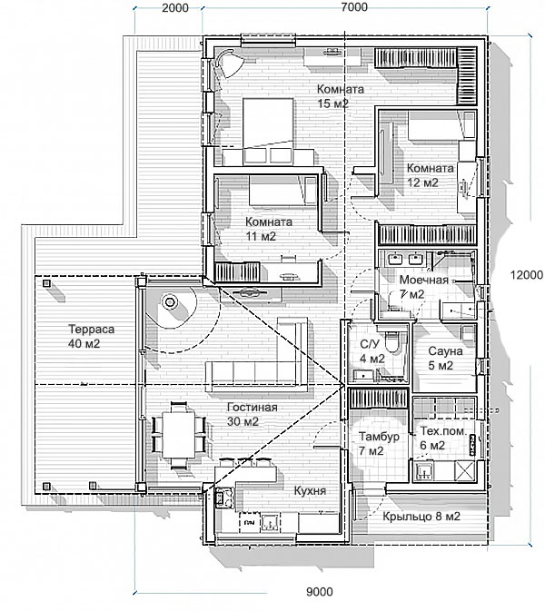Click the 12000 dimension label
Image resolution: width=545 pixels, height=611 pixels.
pyautogui.click(x=526, y=275)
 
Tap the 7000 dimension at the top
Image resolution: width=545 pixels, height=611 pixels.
pyautogui.click(x=354, y=7)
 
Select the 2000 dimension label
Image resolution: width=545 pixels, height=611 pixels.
pyautogui.click(x=175, y=8)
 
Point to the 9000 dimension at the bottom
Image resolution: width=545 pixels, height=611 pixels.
pyautogui.click(x=320, y=592)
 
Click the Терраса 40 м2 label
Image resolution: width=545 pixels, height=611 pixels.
pyautogui.click(x=91, y=336)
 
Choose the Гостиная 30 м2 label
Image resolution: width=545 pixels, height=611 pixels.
pyautogui.click(x=253, y=414)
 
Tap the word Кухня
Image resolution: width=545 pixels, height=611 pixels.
pyautogui.click(x=310, y=491)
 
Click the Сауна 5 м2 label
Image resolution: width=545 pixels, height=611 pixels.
pyautogui.click(x=445, y=358)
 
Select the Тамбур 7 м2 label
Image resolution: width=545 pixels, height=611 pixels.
pyautogui.click(x=379, y=443)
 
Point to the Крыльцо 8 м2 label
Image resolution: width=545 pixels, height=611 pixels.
pyautogui.click(x=421, y=517)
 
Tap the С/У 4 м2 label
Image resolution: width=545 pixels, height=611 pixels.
pyautogui.click(x=372, y=351)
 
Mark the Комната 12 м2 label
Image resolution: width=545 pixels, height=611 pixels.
pyautogui.click(x=430, y=175)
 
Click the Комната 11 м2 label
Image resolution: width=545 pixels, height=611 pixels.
pyautogui.click(x=269, y=229)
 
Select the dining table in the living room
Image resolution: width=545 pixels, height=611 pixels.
pyautogui.click(x=179, y=435)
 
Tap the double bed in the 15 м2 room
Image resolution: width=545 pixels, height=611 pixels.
pyautogui.click(x=268, y=130)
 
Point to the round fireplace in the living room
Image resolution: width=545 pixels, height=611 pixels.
pyautogui.click(x=170, y=302)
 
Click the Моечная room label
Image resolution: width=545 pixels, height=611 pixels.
pyautogui.click(x=424, y=281)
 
